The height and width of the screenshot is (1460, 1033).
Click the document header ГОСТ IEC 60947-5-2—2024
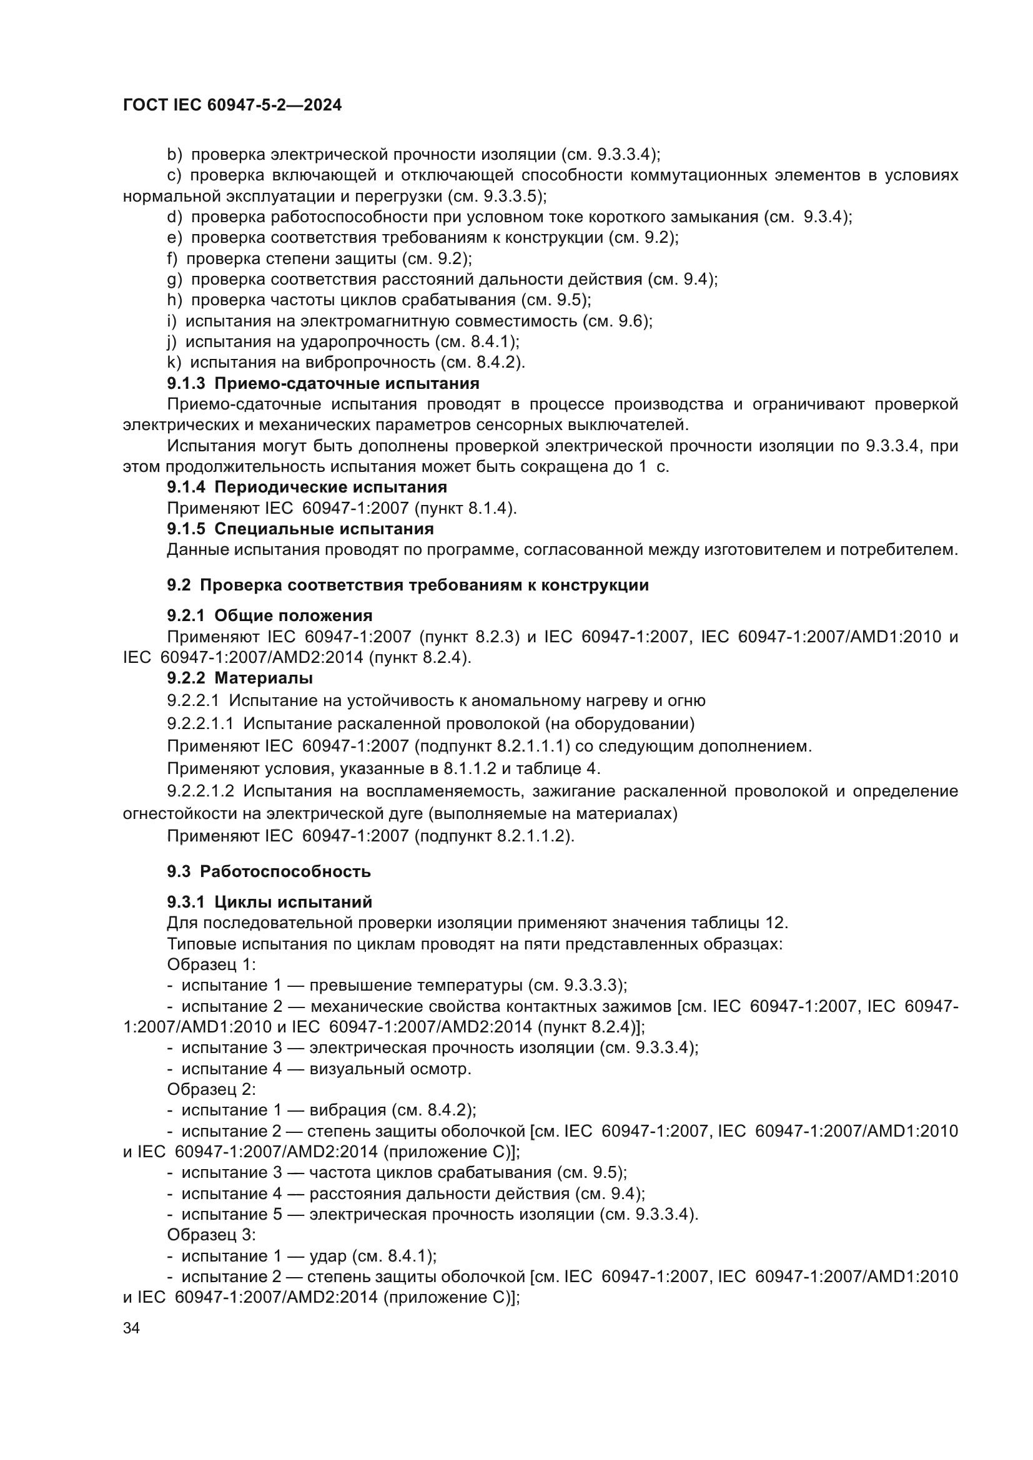(x=232, y=105)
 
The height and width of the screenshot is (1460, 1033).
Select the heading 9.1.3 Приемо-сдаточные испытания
(x=323, y=383)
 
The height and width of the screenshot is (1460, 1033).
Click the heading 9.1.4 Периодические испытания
(x=307, y=487)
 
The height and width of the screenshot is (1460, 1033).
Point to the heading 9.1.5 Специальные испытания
(x=300, y=529)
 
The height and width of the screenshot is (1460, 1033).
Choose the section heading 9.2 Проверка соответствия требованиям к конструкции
(x=408, y=585)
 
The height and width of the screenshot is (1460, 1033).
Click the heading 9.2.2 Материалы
(x=240, y=678)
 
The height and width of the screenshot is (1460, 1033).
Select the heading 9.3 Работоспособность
(x=269, y=871)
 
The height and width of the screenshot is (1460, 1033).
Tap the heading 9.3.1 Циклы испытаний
(x=270, y=903)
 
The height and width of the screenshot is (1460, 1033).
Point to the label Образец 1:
(x=211, y=964)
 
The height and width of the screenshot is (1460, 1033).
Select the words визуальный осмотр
(x=390, y=1069)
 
